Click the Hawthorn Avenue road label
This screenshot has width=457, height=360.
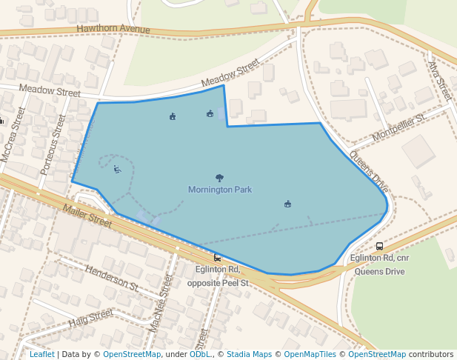click(x=113, y=30)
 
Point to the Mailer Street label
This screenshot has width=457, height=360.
click(x=87, y=215)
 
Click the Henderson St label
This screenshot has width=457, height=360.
click(x=113, y=275)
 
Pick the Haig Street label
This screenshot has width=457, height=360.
click(x=90, y=319)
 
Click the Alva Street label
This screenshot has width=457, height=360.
click(x=439, y=80)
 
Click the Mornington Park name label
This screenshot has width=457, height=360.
click(x=220, y=190)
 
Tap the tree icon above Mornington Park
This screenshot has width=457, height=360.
click(x=219, y=178)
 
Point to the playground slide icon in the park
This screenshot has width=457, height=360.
click(x=117, y=170)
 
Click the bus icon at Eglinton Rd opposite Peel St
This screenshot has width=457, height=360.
click(x=217, y=257)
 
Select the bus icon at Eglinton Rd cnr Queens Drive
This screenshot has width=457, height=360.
click(x=379, y=247)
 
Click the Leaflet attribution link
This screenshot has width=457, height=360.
click(x=42, y=355)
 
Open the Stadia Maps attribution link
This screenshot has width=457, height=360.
click(x=249, y=355)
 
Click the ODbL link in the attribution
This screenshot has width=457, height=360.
click(x=200, y=355)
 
